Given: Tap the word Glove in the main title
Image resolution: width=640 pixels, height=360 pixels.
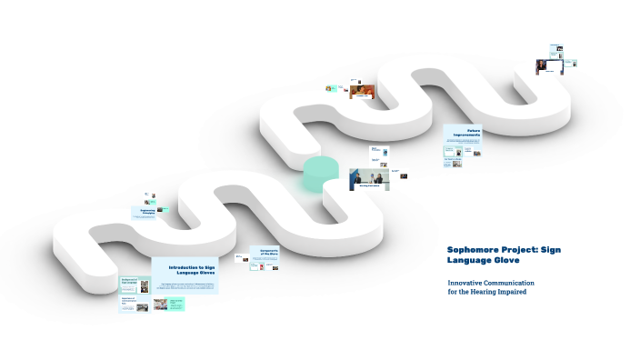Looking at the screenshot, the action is [x=504, y=260].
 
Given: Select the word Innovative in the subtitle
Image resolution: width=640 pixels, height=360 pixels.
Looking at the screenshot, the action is [x=465, y=283].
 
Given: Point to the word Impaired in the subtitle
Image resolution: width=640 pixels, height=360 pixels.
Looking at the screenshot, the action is [x=511, y=292].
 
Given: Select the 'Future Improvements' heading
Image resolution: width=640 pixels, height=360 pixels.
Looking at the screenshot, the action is [x=467, y=133].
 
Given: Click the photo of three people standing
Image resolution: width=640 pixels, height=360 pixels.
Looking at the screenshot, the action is [x=369, y=179].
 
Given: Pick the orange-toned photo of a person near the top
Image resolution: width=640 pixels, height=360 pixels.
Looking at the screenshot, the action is [x=363, y=91].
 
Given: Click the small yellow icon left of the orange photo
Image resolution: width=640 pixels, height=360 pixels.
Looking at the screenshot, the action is [x=330, y=88].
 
